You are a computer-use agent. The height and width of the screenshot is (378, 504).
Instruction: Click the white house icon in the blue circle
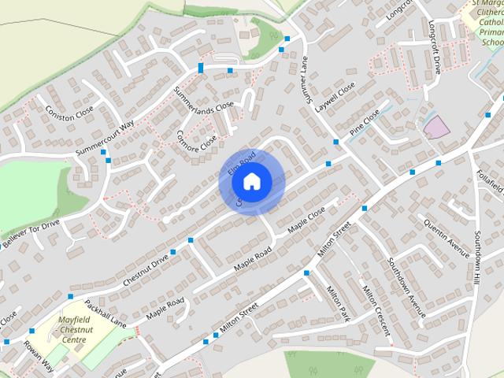click(x=251, y=182)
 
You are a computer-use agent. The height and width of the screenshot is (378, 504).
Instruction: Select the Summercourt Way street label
click(x=106, y=138)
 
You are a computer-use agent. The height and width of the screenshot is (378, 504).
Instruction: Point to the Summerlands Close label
click(x=204, y=94)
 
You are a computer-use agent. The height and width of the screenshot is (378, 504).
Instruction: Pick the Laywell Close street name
click(x=335, y=96)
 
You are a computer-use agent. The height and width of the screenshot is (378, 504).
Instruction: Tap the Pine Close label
click(x=365, y=121)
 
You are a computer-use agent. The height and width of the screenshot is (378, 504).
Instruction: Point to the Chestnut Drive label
click(x=146, y=269)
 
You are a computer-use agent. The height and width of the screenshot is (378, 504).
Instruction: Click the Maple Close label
click(x=306, y=220)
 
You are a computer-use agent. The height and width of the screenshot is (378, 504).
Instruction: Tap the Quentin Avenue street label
click(x=447, y=232)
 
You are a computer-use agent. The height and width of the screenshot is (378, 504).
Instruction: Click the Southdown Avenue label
click(x=406, y=287)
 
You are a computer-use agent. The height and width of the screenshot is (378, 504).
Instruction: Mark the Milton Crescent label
click(x=376, y=311)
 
